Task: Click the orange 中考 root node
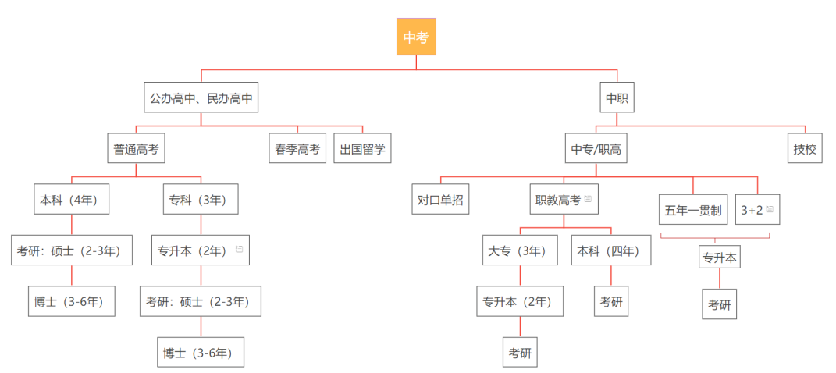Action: [416, 37]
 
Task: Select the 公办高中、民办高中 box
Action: [201, 98]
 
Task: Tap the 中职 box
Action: [617, 98]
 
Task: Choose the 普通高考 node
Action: [136, 148]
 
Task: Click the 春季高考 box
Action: [297, 148]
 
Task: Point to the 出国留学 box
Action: [363, 148]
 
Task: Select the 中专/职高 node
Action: [596, 148]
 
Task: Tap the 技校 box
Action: [805, 148]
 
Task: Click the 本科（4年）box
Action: [71, 199]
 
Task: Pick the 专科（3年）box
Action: [201, 199]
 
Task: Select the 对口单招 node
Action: [440, 199]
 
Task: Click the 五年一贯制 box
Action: [693, 209]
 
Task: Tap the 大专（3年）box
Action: [521, 250]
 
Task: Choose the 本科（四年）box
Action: [611, 250]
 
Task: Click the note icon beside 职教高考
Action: [588, 199]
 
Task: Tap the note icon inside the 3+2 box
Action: [770, 209]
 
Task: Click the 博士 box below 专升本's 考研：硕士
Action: [201, 352]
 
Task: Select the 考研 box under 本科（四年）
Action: [611, 301]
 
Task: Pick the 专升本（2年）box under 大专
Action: [520, 301]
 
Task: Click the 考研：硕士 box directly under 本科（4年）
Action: [71, 250]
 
